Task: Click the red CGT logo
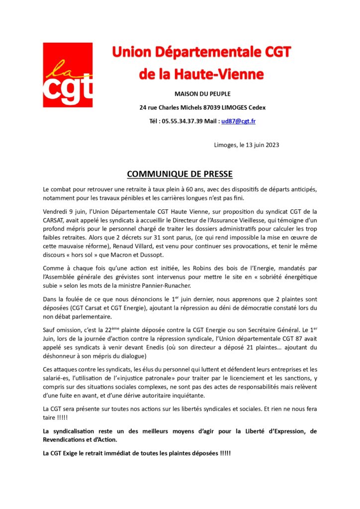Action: point(67,75)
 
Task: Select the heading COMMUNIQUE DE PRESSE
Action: point(180,174)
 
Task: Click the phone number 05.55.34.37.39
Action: point(182,121)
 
